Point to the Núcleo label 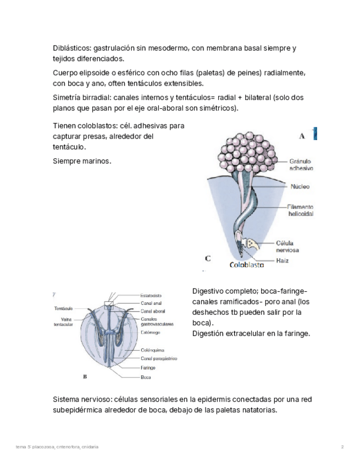[x=300, y=187]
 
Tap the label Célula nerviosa [x=287, y=246]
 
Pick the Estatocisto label [x=151, y=296]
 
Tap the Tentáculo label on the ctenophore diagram [x=64, y=309]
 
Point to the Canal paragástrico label [x=158, y=359]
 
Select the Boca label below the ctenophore [x=146, y=378]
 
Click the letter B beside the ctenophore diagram [x=84, y=378]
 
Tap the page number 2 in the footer [x=342, y=447]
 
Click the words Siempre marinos [x=82, y=162]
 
